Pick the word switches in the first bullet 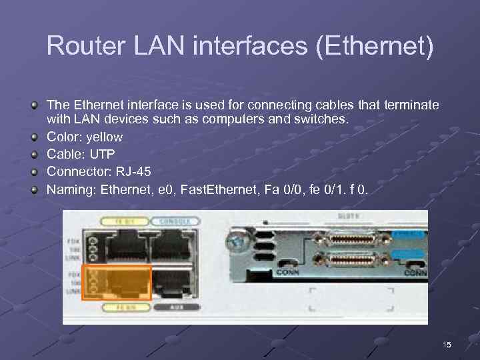(323, 120)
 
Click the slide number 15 (447, 345)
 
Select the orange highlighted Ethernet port (117, 283)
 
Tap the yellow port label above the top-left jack (122, 221)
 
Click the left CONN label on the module (289, 273)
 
